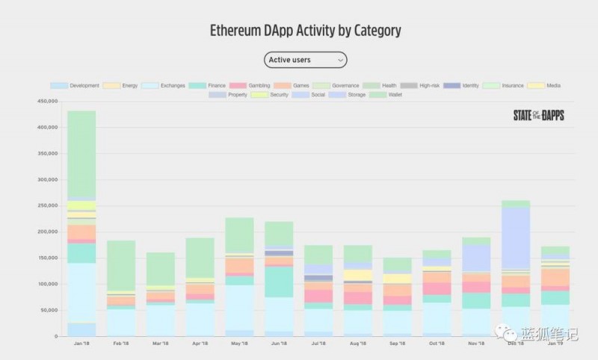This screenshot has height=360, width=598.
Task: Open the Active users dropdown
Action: [x=305, y=60]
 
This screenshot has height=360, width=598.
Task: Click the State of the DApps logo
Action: [x=538, y=116]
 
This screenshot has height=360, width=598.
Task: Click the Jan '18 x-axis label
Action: [x=81, y=344]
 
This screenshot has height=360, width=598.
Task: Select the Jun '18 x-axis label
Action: [x=279, y=344]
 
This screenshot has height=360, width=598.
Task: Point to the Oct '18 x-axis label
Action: [x=437, y=344]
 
